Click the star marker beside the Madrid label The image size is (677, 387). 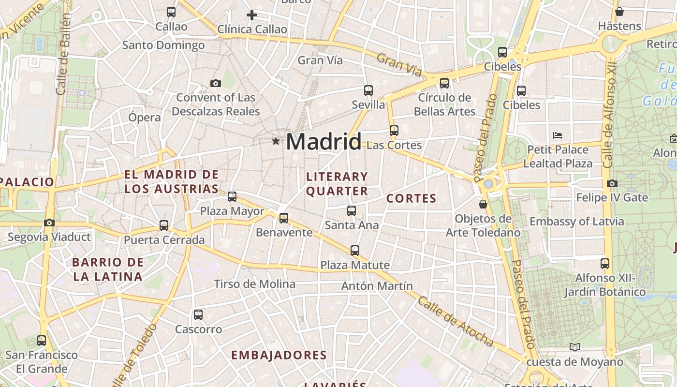tap(276, 141)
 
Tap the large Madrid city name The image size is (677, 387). tap(324, 142)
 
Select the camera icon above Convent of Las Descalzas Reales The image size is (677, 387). tap(216, 83)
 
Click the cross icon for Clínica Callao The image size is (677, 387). tap(251, 15)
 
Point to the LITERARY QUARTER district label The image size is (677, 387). tap(337, 184)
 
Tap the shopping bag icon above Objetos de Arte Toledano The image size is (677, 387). tap(483, 204)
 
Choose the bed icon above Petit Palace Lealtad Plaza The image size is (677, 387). tap(558, 135)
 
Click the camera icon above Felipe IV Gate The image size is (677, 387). tap(612, 183)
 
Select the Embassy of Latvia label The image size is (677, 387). tap(576, 222)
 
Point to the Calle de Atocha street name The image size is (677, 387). tap(455, 322)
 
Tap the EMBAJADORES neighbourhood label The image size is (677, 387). tap(279, 355)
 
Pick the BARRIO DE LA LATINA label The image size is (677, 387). tap(107, 269)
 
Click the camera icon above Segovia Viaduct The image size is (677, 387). tap(49, 223)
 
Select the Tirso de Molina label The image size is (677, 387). tap(254, 284)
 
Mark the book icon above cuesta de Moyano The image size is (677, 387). tap(574, 347)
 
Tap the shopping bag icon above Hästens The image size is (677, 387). tap(619, 12)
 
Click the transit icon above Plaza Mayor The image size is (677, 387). tap(232, 197)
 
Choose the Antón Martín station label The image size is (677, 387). tap(377, 286)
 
